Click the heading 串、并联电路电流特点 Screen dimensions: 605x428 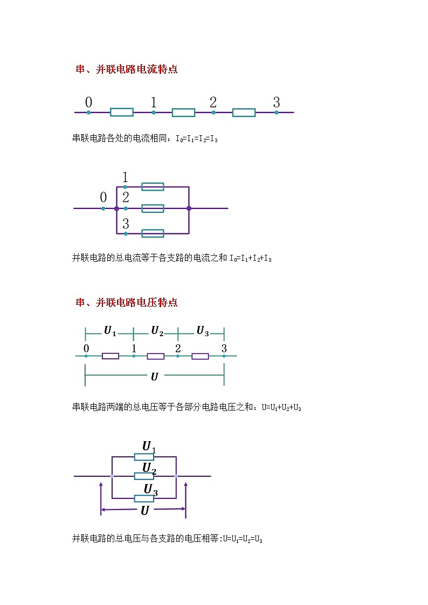pos(126,69)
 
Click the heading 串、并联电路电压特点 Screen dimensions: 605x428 pos(126,303)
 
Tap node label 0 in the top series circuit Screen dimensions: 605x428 pos(88,102)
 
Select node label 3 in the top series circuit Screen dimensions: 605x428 pos(277,102)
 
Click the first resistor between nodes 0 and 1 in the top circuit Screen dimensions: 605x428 pos(122,113)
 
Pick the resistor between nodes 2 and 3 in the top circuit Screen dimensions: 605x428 pos(244,113)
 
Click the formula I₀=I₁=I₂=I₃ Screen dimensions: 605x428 pos(197,139)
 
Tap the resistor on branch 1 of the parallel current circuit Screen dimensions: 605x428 pos(153,187)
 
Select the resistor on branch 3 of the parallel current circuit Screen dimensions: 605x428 pos(153,233)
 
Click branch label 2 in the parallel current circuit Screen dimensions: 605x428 pos(126,197)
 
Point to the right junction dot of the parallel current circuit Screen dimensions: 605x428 pos(189,208)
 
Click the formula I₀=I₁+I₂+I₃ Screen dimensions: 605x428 pos(251,258)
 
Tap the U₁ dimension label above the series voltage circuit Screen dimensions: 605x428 pos(110,331)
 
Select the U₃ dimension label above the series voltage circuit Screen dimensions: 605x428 pos(203,331)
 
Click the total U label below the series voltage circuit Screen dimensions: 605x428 pos(154,377)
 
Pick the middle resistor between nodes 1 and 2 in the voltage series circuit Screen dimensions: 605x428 pos(156,356)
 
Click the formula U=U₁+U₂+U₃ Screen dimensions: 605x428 pos(281,407)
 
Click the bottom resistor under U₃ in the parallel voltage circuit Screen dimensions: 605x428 pos(144,498)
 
